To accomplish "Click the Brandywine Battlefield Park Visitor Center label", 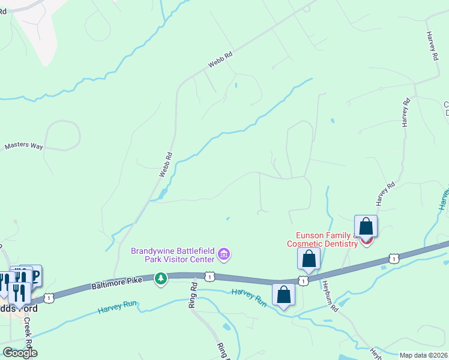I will [x=173, y=255].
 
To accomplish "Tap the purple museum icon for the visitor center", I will [x=224, y=255].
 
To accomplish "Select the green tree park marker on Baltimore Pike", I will [x=161, y=278].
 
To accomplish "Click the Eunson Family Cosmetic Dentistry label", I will [x=327, y=239].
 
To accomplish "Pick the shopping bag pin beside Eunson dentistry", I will [x=366, y=227].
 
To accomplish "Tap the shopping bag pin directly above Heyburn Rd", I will [x=309, y=259].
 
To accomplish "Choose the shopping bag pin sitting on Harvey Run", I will [x=284, y=295].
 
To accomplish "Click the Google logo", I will [x=20, y=353].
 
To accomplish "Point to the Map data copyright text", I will [x=423, y=355].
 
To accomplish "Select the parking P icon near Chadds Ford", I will [x=34, y=276].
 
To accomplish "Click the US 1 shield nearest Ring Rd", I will [x=209, y=276].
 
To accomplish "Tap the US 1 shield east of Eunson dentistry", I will [x=393, y=259].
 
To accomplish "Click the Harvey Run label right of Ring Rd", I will [x=249, y=297].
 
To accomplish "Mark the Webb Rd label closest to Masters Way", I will [x=166, y=164].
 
